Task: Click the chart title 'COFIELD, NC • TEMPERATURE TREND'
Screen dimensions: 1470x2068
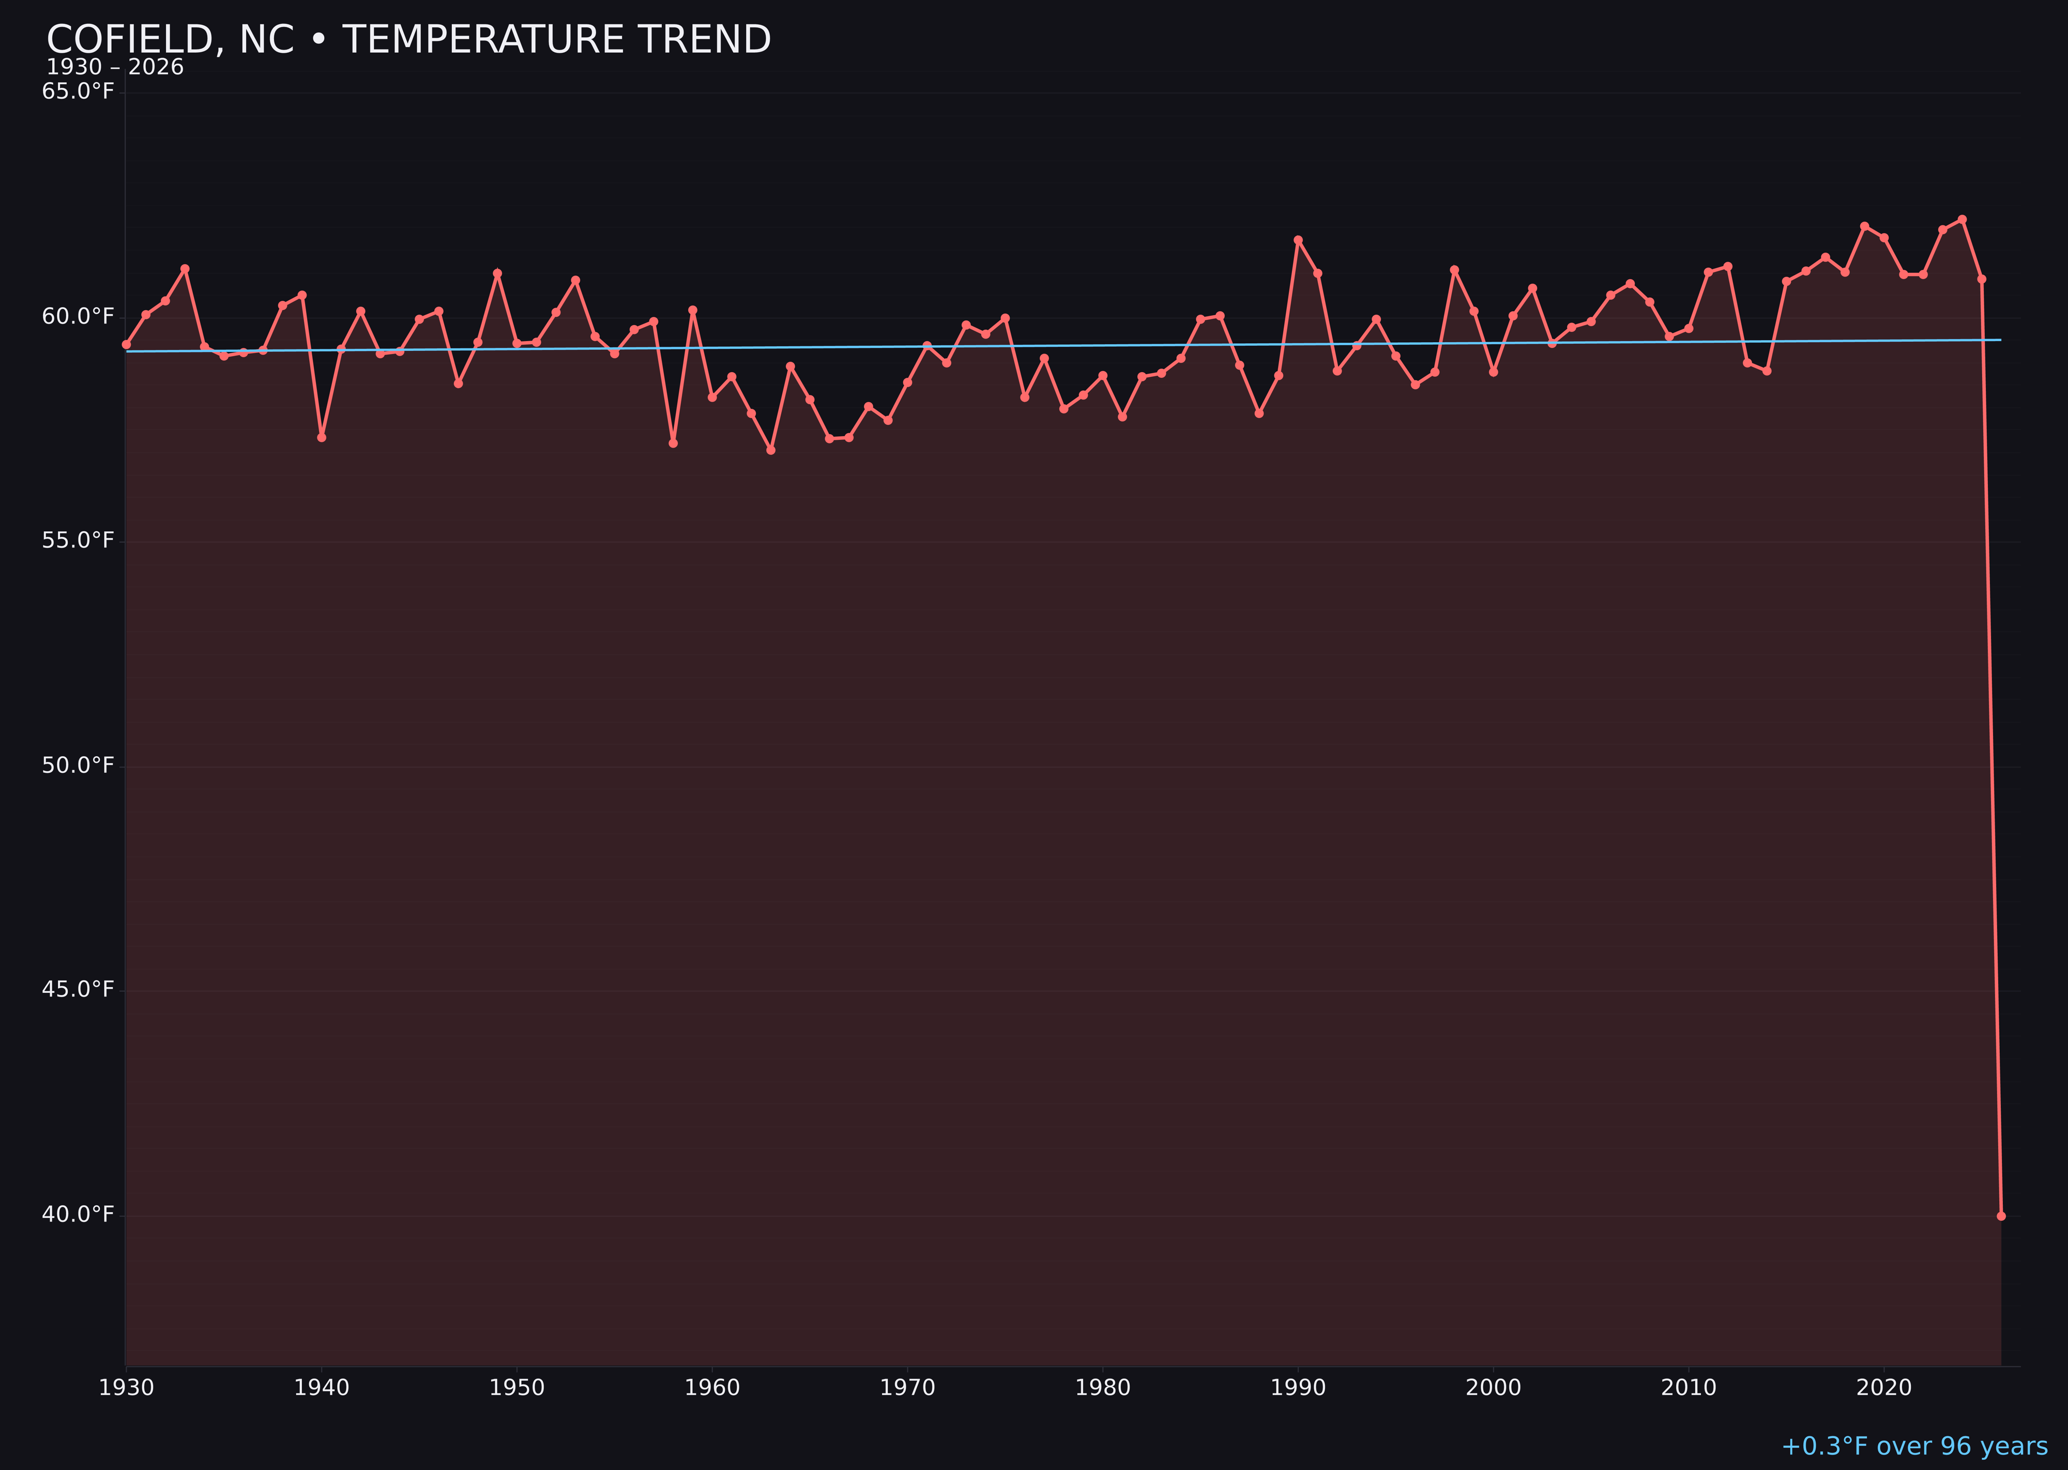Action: pyautogui.click(x=408, y=40)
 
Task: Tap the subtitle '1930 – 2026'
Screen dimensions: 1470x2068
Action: pyautogui.click(x=115, y=67)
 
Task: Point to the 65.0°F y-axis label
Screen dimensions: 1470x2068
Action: pyautogui.click(x=78, y=91)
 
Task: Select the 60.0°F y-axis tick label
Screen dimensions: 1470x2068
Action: pyautogui.click(x=78, y=316)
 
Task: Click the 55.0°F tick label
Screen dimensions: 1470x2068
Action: pyautogui.click(x=78, y=540)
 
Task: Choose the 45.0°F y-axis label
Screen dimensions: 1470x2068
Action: pyautogui.click(x=78, y=989)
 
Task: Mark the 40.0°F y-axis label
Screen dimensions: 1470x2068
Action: pyautogui.click(x=78, y=1214)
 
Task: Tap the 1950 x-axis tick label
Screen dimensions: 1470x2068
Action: pyautogui.click(x=517, y=1388)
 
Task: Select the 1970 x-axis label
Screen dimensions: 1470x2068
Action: pyautogui.click(x=907, y=1388)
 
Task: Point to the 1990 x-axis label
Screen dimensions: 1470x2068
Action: pyautogui.click(x=1298, y=1388)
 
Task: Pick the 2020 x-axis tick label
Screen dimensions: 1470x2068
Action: pyautogui.click(x=1883, y=1388)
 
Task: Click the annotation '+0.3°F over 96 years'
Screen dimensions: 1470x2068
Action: pyautogui.click(x=1914, y=1446)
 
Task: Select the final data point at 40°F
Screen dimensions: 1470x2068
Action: pyautogui.click(x=2001, y=1216)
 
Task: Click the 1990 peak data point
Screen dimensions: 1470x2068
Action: pyautogui.click(x=1298, y=240)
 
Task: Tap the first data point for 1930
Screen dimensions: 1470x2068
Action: pyautogui.click(x=127, y=344)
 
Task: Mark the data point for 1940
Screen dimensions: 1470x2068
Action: pyautogui.click(x=322, y=437)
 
